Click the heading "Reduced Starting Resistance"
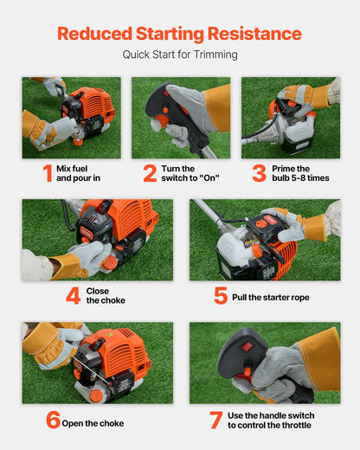point(179,34)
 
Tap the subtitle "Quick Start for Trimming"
point(179,55)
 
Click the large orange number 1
point(47,172)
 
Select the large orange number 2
point(150,172)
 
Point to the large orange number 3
point(259,172)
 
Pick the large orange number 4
point(73,295)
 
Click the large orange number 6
point(53,421)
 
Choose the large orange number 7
point(215,421)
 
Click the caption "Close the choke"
point(106,295)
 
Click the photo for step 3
point(290,118)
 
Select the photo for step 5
point(264,240)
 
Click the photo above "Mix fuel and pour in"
point(71,118)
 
